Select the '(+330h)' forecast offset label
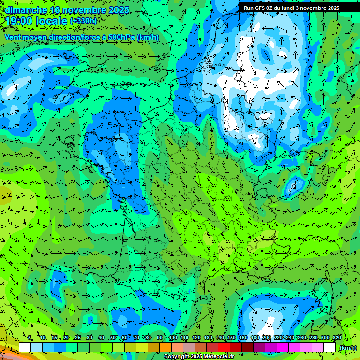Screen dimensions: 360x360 point(83,21)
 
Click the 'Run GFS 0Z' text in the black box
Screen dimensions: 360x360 point(260,8)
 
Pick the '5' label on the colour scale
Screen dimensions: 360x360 point(30,338)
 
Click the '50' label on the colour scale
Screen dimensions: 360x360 point(112,338)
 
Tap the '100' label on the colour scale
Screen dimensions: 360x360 point(173,338)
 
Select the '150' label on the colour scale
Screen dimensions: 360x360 point(232,338)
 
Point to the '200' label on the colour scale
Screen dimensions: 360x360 point(267,338)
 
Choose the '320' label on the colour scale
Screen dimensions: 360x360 point(336,338)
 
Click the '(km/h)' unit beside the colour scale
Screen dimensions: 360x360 point(347,348)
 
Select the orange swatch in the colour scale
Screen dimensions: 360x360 point(165,347)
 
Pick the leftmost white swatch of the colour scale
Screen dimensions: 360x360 point(25,347)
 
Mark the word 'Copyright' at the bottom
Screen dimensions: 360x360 point(177,357)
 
